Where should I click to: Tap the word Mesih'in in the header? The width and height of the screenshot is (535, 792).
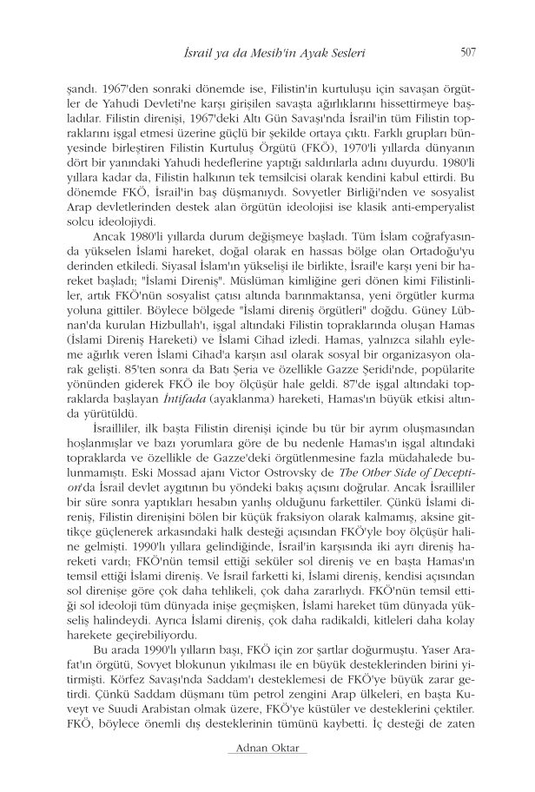point(290,54)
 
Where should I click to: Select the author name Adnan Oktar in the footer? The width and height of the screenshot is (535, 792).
point(267,773)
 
